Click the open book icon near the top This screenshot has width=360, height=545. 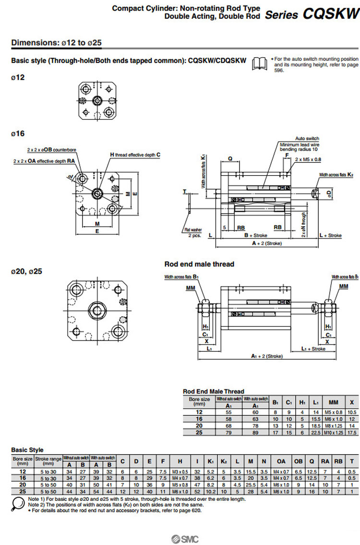click(260, 63)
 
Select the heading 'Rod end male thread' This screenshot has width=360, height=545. click(199, 264)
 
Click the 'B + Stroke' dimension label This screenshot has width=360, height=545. click(256, 235)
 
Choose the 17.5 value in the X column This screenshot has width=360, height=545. click(352, 433)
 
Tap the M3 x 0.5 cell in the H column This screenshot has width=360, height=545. click(180, 472)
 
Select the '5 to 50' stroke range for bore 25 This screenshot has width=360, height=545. click(48, 491)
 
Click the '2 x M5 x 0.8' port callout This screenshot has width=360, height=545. click(308, 159)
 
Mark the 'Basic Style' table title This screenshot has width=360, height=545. click(27, 450)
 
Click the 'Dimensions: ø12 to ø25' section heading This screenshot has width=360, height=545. click(56, 42)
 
